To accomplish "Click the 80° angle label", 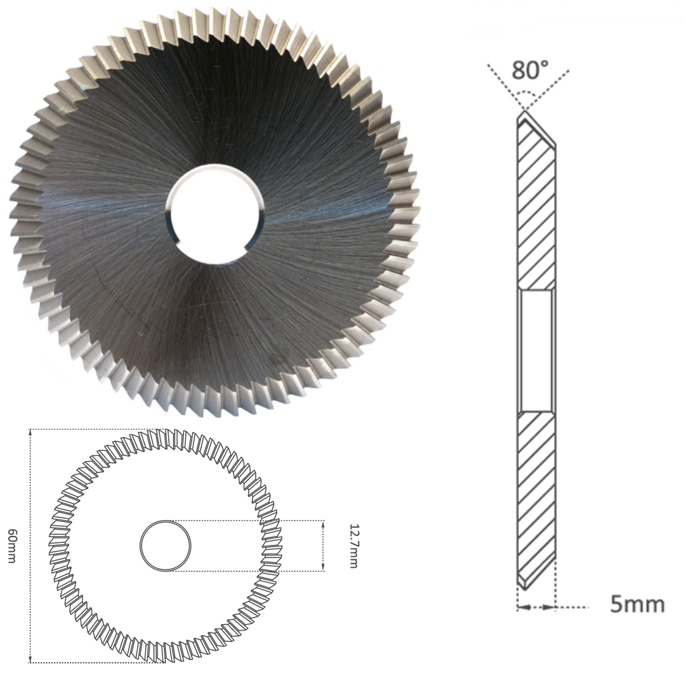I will point(530,69).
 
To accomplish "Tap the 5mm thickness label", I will point(637,604).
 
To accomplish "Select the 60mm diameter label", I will point(12,545).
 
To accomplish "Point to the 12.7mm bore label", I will point(353,545).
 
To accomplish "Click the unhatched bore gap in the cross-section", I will point(536,351).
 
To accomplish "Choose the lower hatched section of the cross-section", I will point(536,495).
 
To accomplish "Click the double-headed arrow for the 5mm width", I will point(537,607).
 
